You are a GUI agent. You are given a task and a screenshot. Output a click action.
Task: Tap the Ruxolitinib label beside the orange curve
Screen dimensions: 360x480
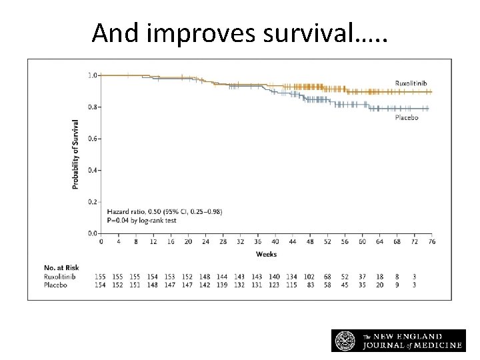pos(412,83)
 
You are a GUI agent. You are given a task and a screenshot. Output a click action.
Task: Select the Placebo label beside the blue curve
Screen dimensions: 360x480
pos(407,117)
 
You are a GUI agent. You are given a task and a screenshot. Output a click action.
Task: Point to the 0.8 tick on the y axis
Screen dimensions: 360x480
pos(93,107)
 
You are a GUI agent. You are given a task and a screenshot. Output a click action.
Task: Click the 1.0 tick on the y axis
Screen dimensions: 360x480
pos(93,75)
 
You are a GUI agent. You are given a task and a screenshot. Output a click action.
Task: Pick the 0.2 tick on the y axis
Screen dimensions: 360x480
pos(93,201)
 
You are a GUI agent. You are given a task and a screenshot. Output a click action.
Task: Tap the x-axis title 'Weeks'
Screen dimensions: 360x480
pos(266,254)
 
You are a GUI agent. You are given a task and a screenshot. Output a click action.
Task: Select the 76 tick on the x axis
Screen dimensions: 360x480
pos(431,241)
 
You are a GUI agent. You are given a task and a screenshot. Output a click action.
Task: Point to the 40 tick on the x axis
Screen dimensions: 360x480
pos(275,241)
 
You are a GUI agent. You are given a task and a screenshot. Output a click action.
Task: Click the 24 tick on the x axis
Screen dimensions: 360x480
pos(205,241)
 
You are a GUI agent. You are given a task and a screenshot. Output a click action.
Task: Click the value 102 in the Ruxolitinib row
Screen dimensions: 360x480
pos(309,277)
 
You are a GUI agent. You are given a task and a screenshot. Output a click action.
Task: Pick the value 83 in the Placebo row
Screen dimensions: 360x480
pos(309,285)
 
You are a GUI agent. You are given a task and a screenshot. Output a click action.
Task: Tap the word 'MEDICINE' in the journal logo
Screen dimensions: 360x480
pos(430,345)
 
